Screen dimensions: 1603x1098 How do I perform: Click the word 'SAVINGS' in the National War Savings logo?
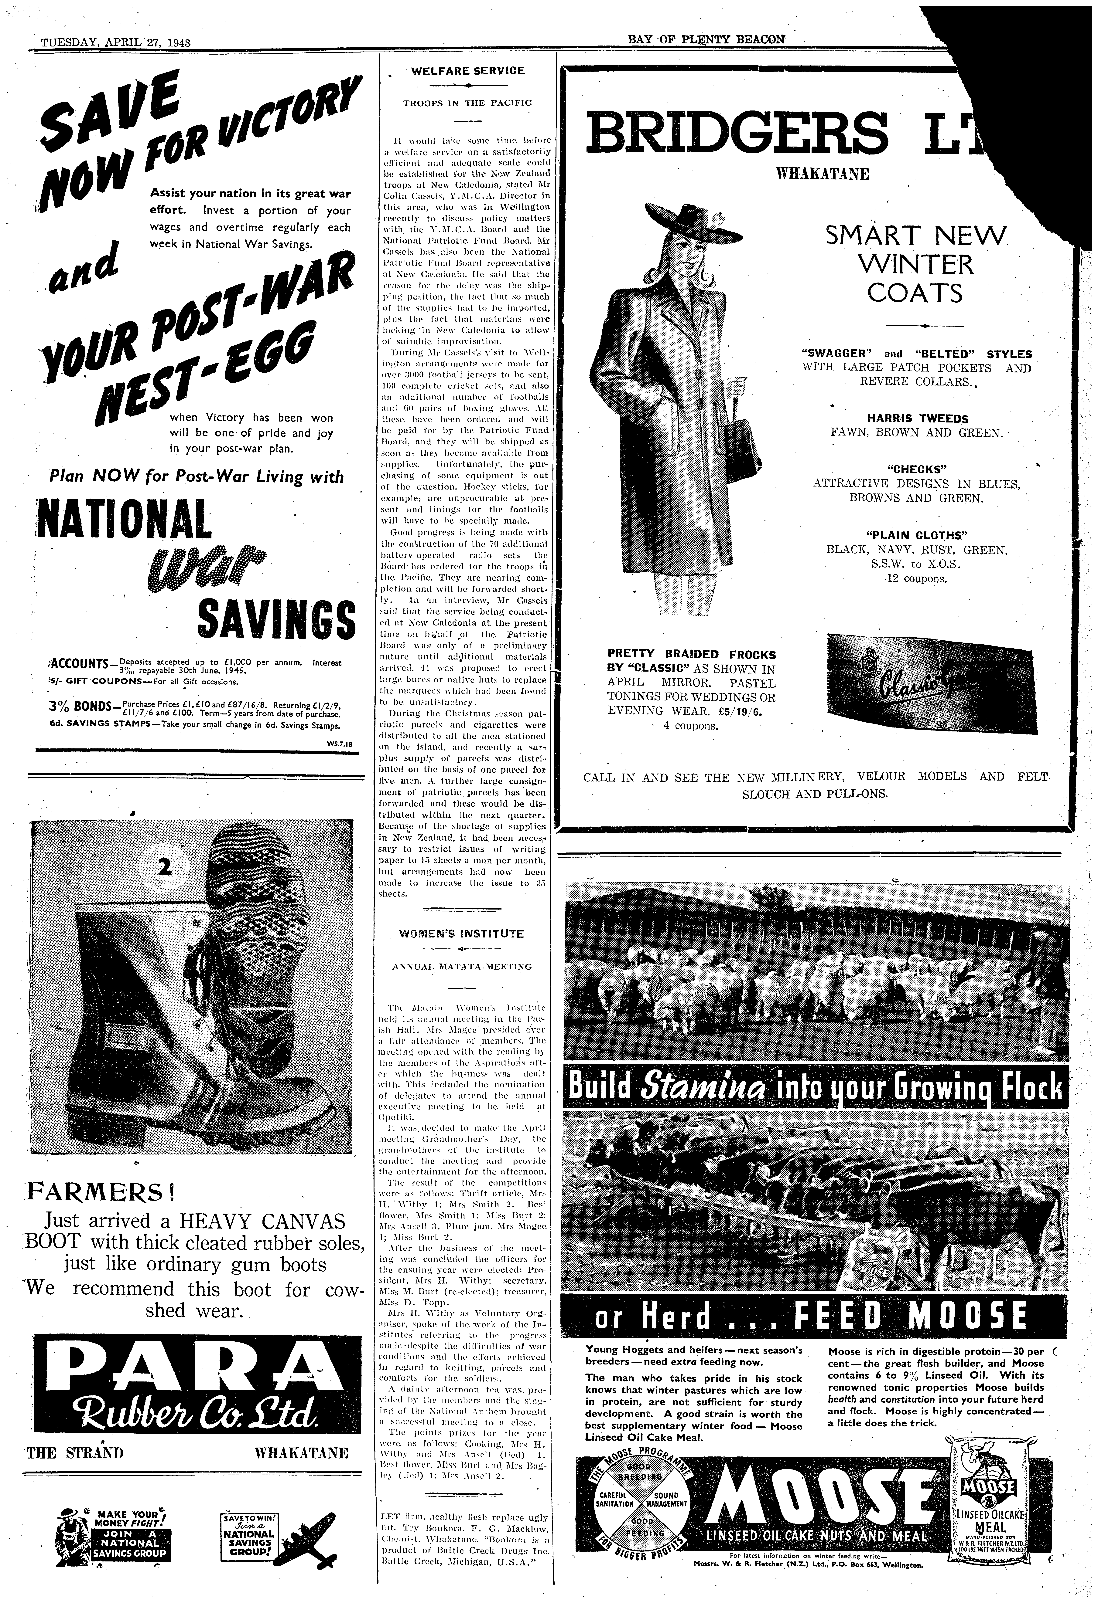(276, 618)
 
